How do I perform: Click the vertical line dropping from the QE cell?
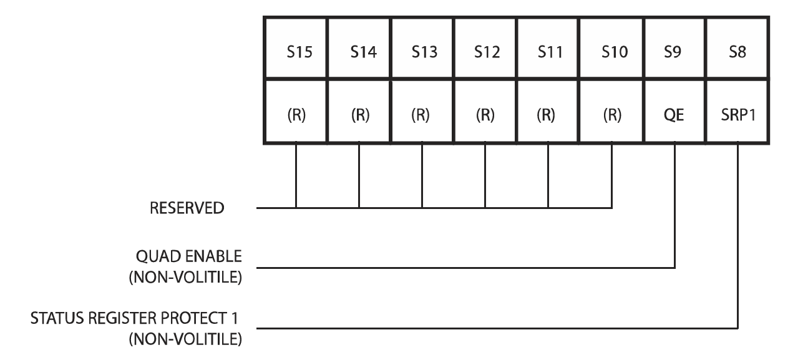674,206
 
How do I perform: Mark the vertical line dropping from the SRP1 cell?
737,237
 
